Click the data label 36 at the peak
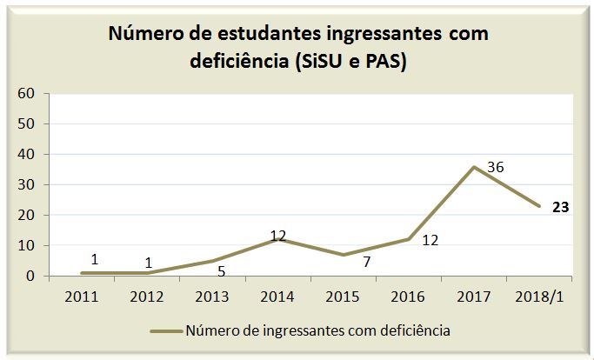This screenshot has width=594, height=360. click(x=496, y=166)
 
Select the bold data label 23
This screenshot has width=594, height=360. click(x=560, y=208)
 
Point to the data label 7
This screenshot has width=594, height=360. click(x=367, y=261)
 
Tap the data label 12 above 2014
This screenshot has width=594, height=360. click(x=278, y=235)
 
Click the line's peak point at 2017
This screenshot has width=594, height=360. click(x=473, y=166)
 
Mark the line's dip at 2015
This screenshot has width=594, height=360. click(x=344, y=255)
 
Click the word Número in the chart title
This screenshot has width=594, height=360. click(x=144, y=34)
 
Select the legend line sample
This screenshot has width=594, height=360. click(x=165, y=330)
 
